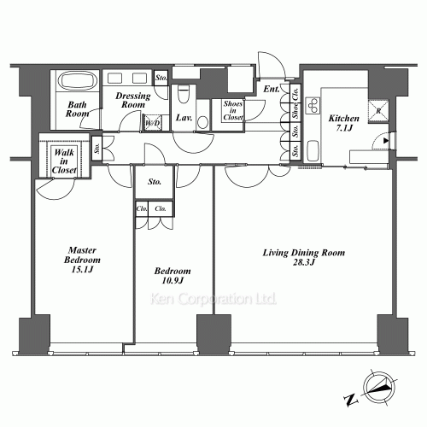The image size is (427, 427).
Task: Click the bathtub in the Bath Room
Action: point(78,80)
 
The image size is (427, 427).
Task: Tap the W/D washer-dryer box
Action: point(153,123)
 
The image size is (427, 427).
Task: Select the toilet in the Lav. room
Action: point(184,94)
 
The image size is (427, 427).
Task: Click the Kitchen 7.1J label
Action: point(344,123)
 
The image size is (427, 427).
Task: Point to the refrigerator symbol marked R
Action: point(378,111)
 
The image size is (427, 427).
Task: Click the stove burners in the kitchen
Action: point(313,106)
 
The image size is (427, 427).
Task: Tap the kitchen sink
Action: point(313,150)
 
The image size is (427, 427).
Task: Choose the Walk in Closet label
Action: point(64,161)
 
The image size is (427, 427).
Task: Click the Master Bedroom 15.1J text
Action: point(82,260)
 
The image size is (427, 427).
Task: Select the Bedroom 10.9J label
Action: point(173,276)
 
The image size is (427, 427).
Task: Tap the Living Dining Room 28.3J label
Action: point(304,257)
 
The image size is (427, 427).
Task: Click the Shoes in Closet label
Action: point(233,110)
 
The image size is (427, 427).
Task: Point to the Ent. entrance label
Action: point(272,89)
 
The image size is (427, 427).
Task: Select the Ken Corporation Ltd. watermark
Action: point(213,299)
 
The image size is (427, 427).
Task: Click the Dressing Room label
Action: point(133,100)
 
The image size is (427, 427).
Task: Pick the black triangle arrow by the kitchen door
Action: point(386,141)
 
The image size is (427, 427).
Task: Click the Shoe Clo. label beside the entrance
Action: point(295,102)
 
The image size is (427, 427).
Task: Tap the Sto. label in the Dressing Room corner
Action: point(161,78)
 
